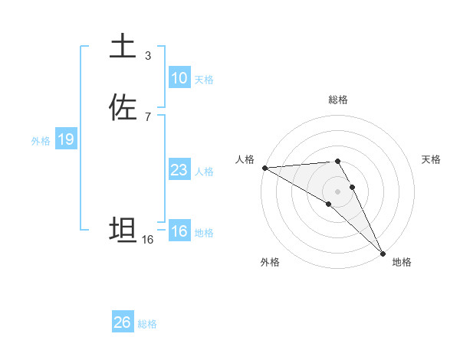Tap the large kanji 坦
(123, 230)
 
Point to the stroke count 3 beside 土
(147, 56)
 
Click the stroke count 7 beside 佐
(147, 116)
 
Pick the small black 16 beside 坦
(147, 240)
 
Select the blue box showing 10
(179, 78)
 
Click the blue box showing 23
(179, 170)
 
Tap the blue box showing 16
(179, 231)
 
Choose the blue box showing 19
(65, 139)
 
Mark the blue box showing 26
(122, 322)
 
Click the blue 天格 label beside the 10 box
(204, 80)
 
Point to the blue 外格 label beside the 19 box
(41, 141)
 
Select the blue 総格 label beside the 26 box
(147, 324)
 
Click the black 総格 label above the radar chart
(338, 100)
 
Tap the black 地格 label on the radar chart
(402, 262)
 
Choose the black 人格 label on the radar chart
(245, 159)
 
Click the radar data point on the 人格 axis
(264, 168)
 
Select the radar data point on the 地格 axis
(383, 252)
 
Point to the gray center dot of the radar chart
(337, 191)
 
